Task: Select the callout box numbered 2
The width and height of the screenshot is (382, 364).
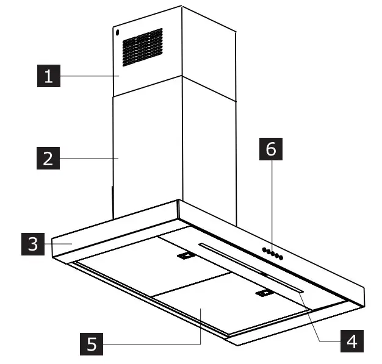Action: tap(47, 159)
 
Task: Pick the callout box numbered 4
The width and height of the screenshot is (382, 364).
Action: tap(350, 340)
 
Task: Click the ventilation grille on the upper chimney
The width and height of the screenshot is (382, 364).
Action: tap(142, 47)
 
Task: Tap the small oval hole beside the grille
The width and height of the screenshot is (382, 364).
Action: tap(117, 35)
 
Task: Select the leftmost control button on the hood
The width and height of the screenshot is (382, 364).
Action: tap(263, 249)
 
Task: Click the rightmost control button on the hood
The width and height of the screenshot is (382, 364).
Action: tap(281, 257)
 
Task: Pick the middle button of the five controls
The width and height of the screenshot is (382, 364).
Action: tap(272, 253)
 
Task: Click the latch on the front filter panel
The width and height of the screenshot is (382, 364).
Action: tap(264, 294)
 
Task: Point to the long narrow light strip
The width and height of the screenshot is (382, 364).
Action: tap(250, 268)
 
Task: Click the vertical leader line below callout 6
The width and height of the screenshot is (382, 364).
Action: tap(271, 204)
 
